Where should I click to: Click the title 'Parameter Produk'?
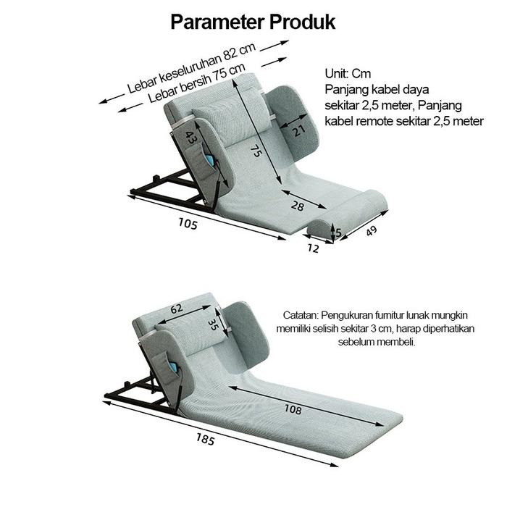(253, 22)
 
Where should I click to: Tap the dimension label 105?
(187, 223)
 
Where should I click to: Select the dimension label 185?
(205, 437)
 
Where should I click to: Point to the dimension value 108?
(293, 410)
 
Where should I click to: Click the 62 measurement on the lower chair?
(176, 308)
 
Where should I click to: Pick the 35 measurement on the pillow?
(213, 319)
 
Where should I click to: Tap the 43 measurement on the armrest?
(190, 138)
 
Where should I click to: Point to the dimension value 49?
(371, 231)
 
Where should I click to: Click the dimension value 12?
(313, 248)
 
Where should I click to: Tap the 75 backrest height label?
(255, 151)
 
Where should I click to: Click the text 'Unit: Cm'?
(348, 74)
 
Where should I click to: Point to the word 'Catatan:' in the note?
(301, 316)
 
